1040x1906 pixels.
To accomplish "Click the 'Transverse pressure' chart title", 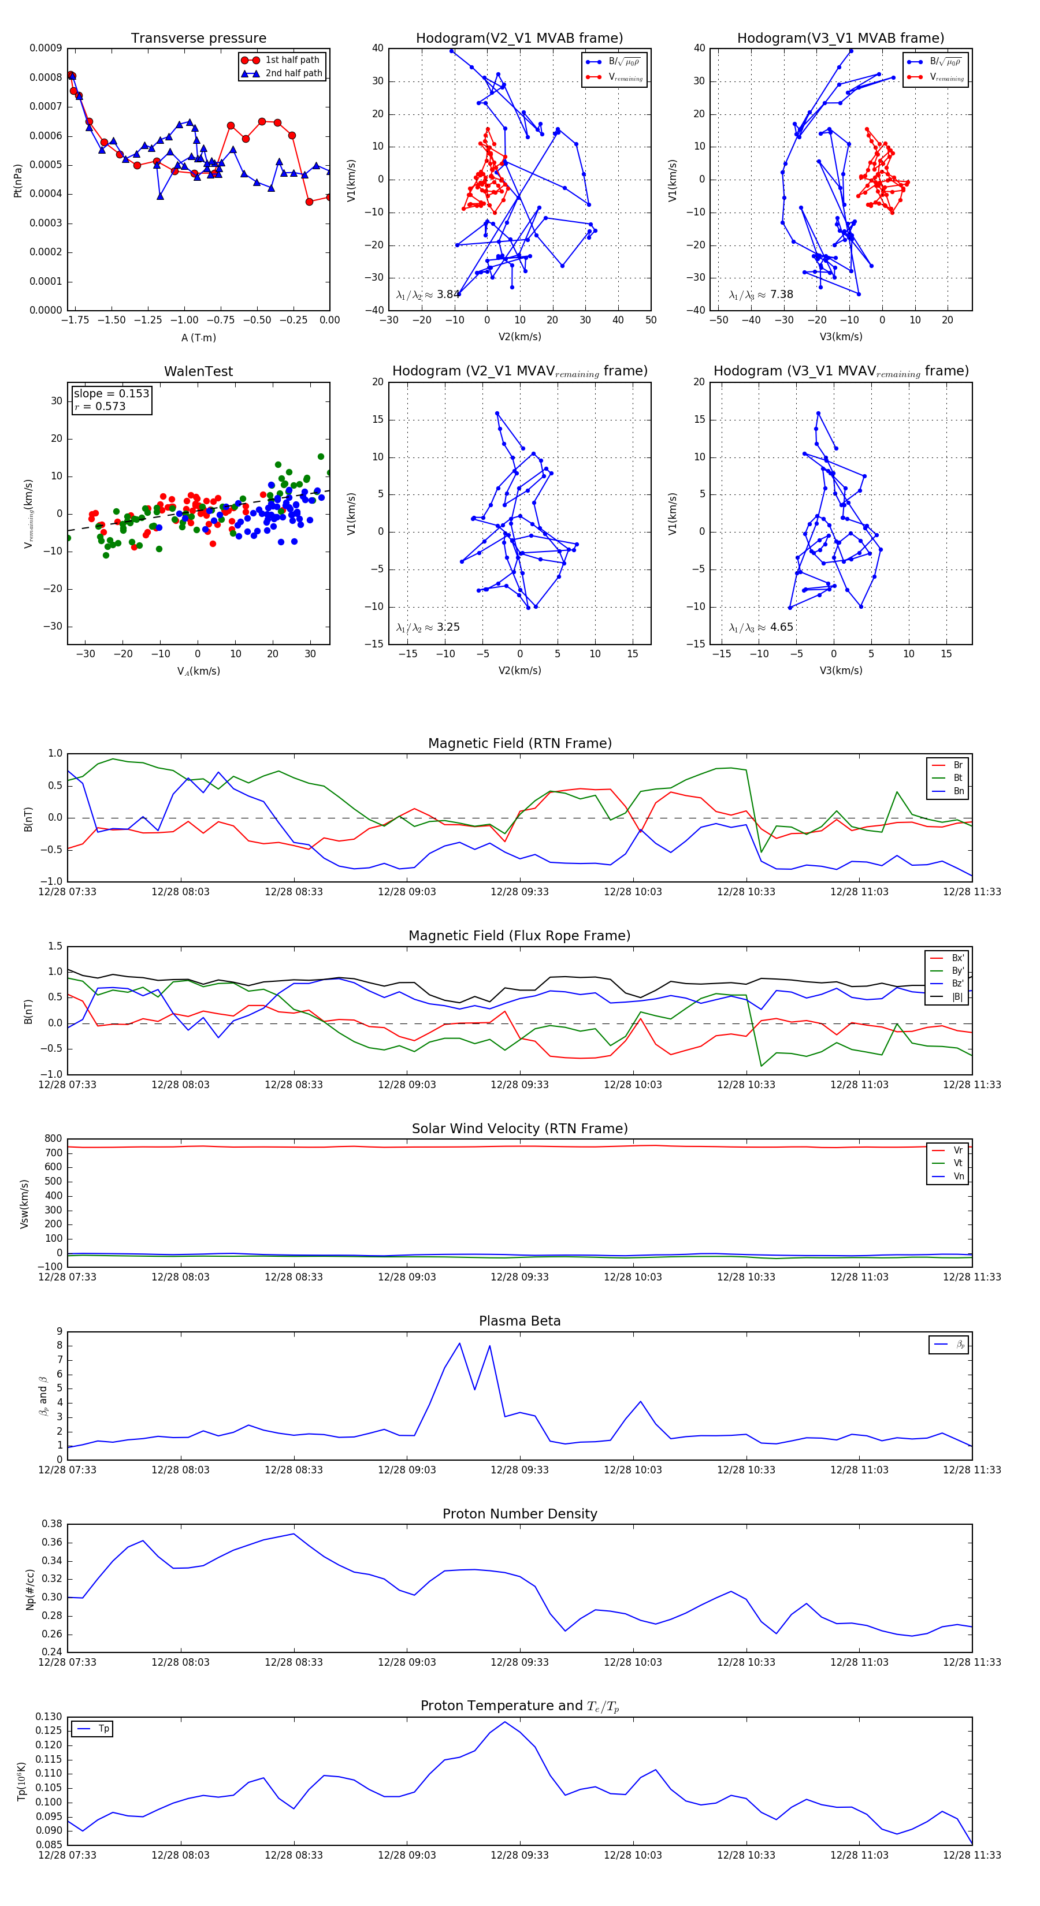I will pos(198,39).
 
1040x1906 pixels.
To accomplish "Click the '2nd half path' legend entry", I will pos(293,73).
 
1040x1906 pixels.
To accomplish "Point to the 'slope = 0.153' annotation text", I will pos(111,394).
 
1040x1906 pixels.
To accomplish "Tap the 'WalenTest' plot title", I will pos(198,371).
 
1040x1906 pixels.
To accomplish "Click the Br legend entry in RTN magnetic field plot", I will pos(957,765).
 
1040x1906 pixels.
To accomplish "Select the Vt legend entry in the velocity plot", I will pos(958,1163).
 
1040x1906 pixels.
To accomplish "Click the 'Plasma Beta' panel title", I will pos(519,1321).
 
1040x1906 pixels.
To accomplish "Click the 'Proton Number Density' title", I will pos(519,1514).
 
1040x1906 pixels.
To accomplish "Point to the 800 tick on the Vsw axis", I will pos(53,1139).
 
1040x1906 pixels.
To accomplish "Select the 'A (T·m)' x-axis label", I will pos(198,338).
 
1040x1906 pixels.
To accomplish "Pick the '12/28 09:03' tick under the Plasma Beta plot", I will pos(406,1469).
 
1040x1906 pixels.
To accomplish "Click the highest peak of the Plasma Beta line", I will pos(460,1343).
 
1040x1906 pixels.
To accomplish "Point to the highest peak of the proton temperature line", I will pos(505,1722).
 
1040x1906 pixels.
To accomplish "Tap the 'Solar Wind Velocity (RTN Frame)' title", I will pos(519,1129).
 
